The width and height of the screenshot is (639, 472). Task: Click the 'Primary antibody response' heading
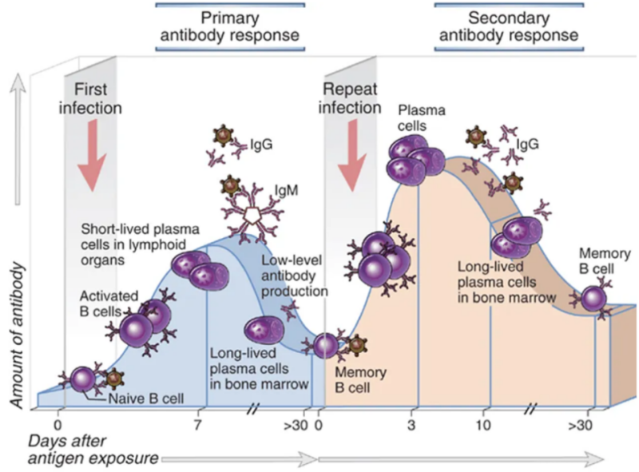click(x=228, y=26)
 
